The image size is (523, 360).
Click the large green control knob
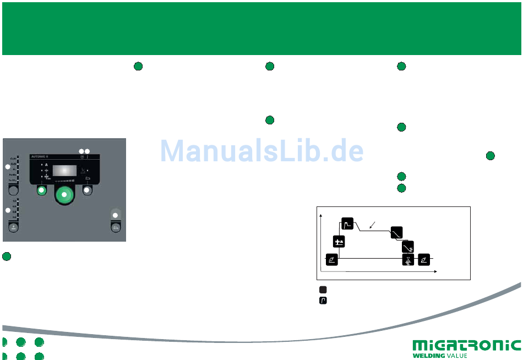pos(65,195)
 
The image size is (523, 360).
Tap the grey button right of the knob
pos(86,190)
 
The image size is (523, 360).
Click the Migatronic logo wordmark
pos(466,345)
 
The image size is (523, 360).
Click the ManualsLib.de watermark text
pos(262,150)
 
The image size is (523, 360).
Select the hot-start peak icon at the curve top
pos(347,223)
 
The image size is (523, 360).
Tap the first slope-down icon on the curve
pos(396,232)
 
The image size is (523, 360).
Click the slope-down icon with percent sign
pos(408,246)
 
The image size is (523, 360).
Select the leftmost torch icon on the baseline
pos(332,259)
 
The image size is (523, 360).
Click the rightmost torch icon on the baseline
pos(424,259)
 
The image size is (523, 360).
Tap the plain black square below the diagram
pos(324,289)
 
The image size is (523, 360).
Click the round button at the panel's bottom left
pos(12,227)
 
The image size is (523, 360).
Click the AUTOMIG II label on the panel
pos(41,156)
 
